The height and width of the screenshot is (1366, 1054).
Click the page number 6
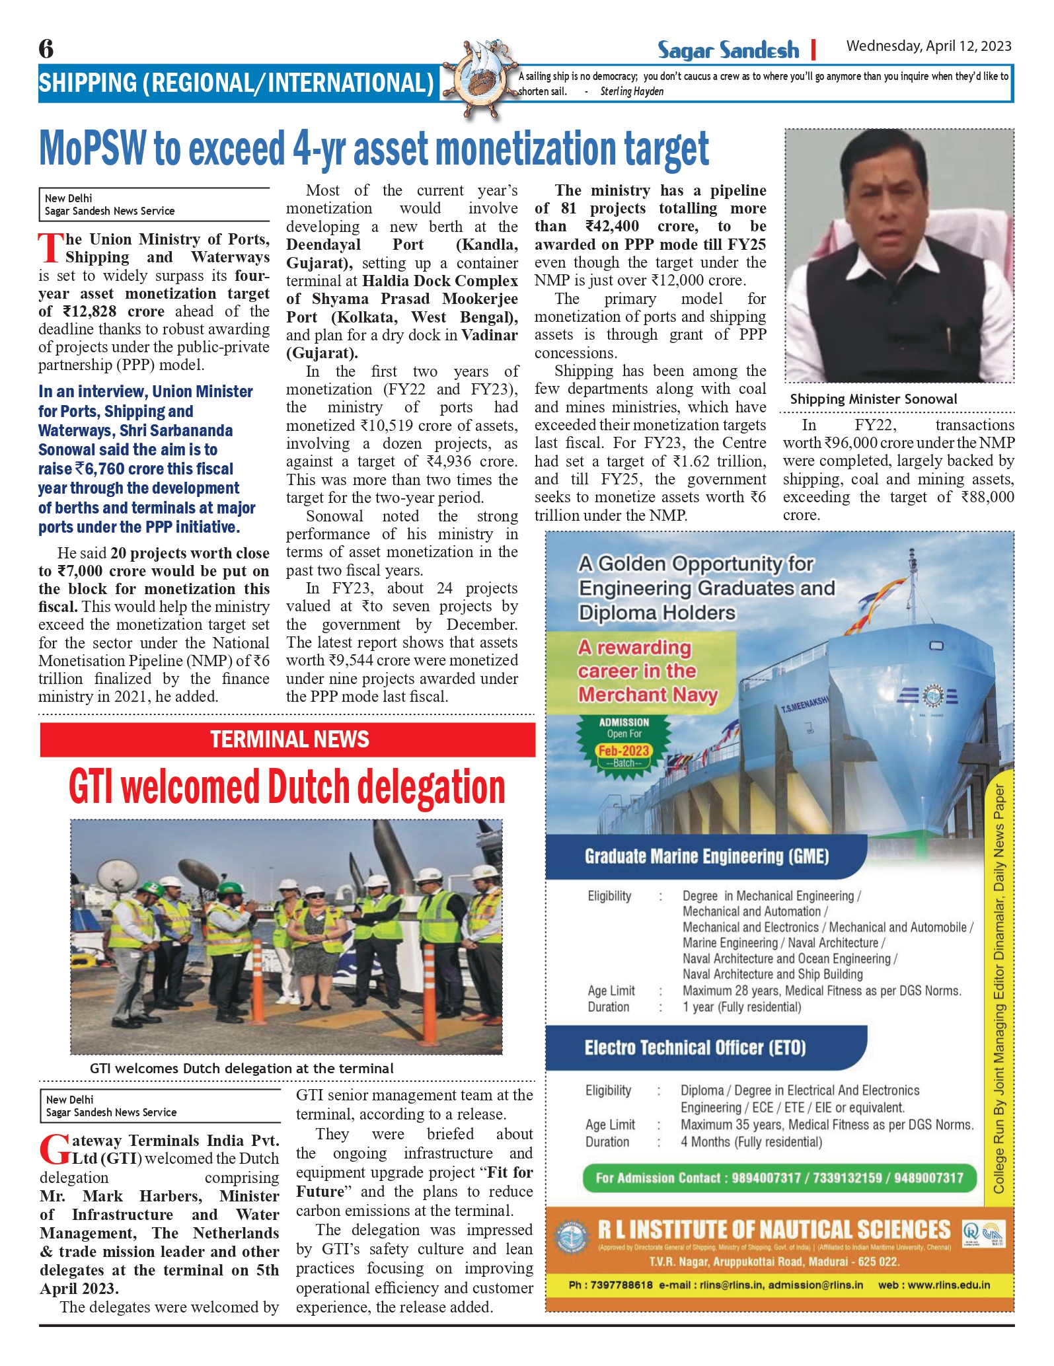pyautogui.click(x=46, y=49)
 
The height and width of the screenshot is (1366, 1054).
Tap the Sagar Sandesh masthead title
pyautogui.click(x=728, y=50)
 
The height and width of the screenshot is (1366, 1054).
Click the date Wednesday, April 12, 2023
pyautogui.click(x=928, y=46)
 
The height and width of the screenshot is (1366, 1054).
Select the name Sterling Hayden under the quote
pyautogui.click(x=632, y=92)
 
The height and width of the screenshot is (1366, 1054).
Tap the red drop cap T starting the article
pyautogui.click(x=51, y=248)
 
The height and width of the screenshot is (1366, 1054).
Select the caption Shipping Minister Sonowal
pyautogui.click(x=873, y=399)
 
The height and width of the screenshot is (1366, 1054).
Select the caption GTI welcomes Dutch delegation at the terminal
pyautogui.click(x=241, y=1069)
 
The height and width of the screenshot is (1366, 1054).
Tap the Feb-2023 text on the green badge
pyautogui.click(x=623, y=751)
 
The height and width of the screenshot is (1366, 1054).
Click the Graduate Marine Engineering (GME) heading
pyautogui.click(x=706, y=857)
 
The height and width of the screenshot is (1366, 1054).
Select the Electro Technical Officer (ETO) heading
pyautogui.click(x=695, y=1048)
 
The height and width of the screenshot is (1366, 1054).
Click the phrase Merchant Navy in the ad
pyautogui.click(x=647, y=695)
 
